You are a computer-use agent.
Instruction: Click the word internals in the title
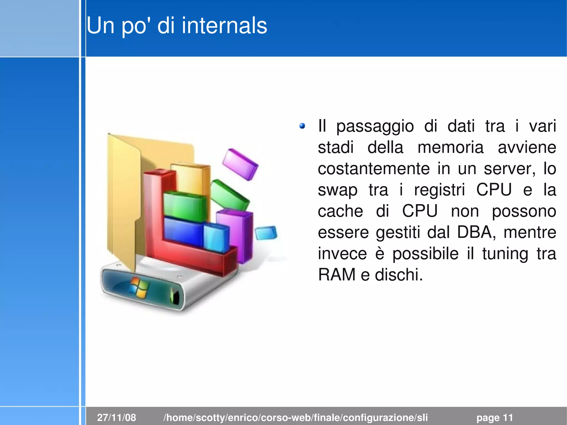[x=224, y=25]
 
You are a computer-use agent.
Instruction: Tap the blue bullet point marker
[x=302, y=126]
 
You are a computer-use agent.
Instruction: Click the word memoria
[x=450, y=147]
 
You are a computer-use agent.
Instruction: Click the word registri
[x=439, y=190]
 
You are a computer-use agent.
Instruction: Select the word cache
[x=340, y=211]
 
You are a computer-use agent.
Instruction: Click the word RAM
[x=337, y=275]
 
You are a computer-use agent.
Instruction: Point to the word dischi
[x=399, y=275]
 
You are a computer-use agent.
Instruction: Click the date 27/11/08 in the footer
[x=117, y=417]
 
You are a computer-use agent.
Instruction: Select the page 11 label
[x=494, y=417]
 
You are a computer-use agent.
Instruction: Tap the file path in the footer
[x=295, y=417]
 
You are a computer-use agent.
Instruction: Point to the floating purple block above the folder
[x=240, y=164]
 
